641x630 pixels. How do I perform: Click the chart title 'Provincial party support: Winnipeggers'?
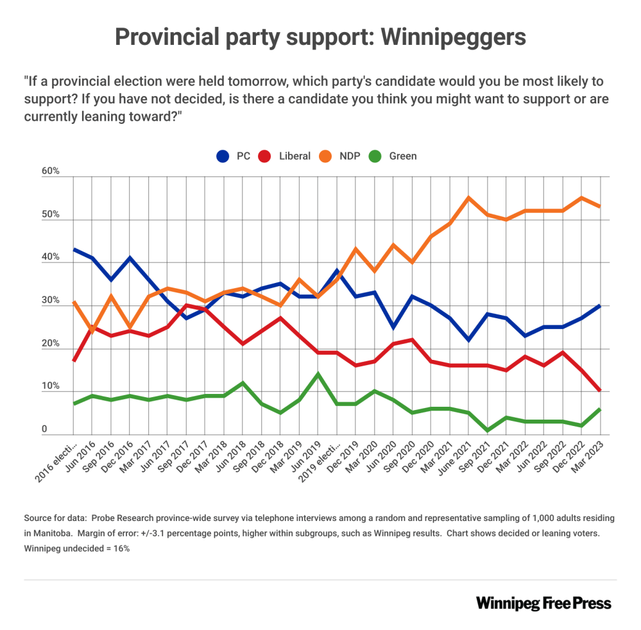(320, 37)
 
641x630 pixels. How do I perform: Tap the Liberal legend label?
(295, 156)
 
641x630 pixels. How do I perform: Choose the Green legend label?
(402, 156)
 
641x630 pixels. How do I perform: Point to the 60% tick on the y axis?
(51, 171)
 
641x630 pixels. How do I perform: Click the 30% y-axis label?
(51, 301)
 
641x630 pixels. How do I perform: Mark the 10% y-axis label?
(51, 387)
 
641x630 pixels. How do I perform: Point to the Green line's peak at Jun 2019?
(318, 374)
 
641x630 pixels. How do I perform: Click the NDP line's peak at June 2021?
(468, 198)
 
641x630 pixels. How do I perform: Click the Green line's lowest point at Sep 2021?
(487, 430)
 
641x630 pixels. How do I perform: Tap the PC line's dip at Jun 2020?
(393, 327)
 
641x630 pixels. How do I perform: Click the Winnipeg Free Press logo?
(543, 603)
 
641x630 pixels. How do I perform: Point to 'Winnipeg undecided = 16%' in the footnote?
(77, 549)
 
